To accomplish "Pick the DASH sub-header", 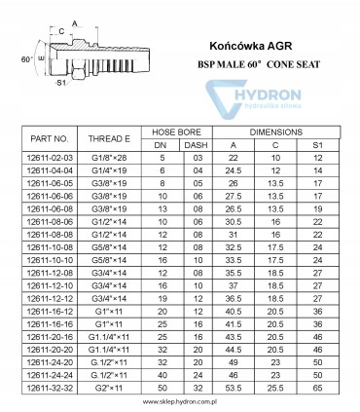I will [198, 145].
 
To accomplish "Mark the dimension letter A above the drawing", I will [75, 21].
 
